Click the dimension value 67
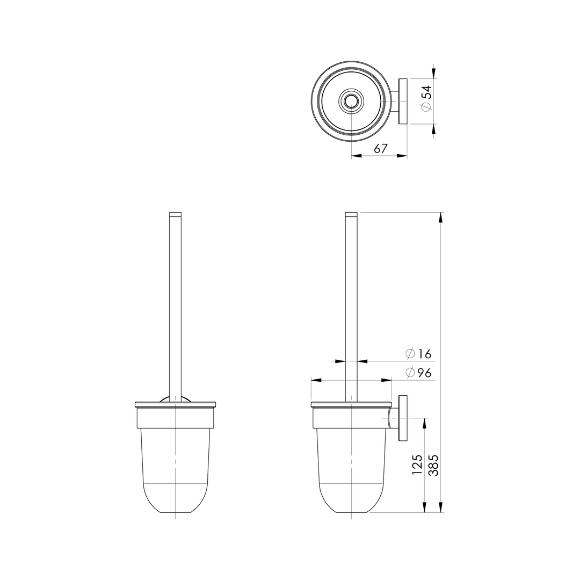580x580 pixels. [x=381, y=149]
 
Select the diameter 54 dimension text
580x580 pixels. [x=426, y=99]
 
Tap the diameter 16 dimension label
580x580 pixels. [x=419, y=354]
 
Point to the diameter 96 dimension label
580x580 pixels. [x=419, y=373]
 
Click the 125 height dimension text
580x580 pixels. [x=417, y=465]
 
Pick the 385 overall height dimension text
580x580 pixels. [x=433, y=465]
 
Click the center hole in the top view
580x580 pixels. [x=351, y=101]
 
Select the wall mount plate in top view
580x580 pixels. [x=403, y=101]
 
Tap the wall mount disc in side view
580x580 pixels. [x=403, y=419]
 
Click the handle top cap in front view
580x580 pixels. [x=176, y=214]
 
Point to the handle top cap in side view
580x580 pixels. [x=351, y=214]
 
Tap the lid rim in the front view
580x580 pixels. [x=176, y=404]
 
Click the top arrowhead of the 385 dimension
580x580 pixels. [x=441, y=218]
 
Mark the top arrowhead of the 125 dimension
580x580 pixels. [x=425, y=423]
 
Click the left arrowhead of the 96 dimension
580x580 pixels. [x=316, y=380]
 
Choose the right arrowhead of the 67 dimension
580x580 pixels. [x=401, y=156]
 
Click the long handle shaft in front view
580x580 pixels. [x=176, y=306]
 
